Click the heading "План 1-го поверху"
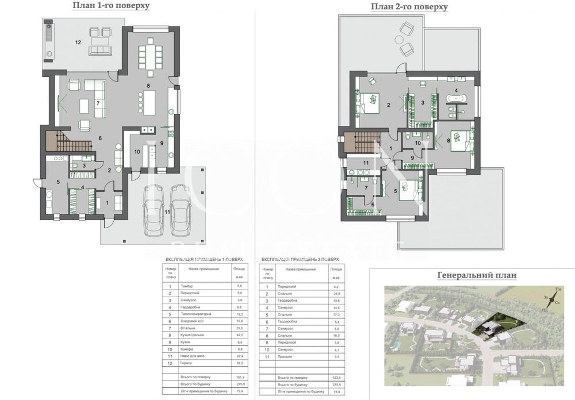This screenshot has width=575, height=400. coord(111,6)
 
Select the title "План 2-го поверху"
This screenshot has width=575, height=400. coord(409,7)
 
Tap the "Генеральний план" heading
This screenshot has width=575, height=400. coord(477,275)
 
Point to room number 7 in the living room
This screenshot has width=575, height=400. coord(98,103)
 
